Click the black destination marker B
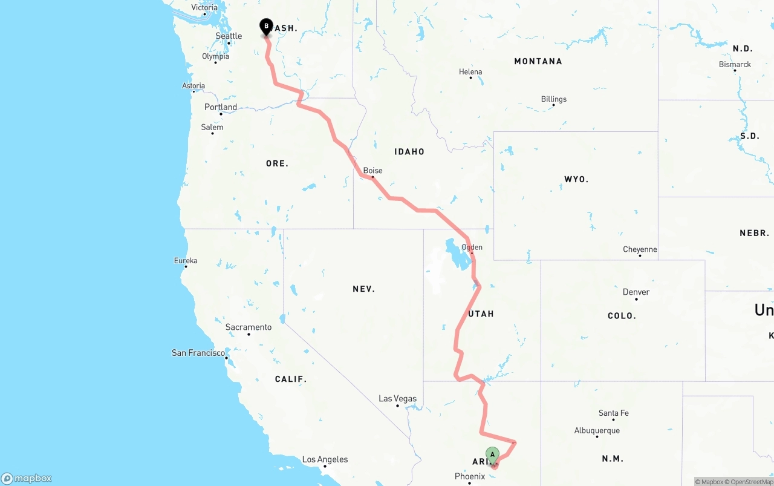click(266, 27)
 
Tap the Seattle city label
click(229, 36)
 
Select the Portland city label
click(221, 107)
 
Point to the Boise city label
click(372, 171)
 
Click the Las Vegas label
click(397, 398)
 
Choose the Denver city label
click(636, 292)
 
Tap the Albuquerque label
click(597, 431)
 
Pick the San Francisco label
click(198, 352)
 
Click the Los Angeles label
click(325, 459)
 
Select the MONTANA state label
click(538, 61)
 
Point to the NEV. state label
click(364, 289)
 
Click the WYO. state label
click(576, 179)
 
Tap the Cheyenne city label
click(640, 249)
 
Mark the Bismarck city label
click(735, 64)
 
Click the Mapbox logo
click(27, 478)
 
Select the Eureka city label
click(186, 261)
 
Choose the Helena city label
click(470, 71)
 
